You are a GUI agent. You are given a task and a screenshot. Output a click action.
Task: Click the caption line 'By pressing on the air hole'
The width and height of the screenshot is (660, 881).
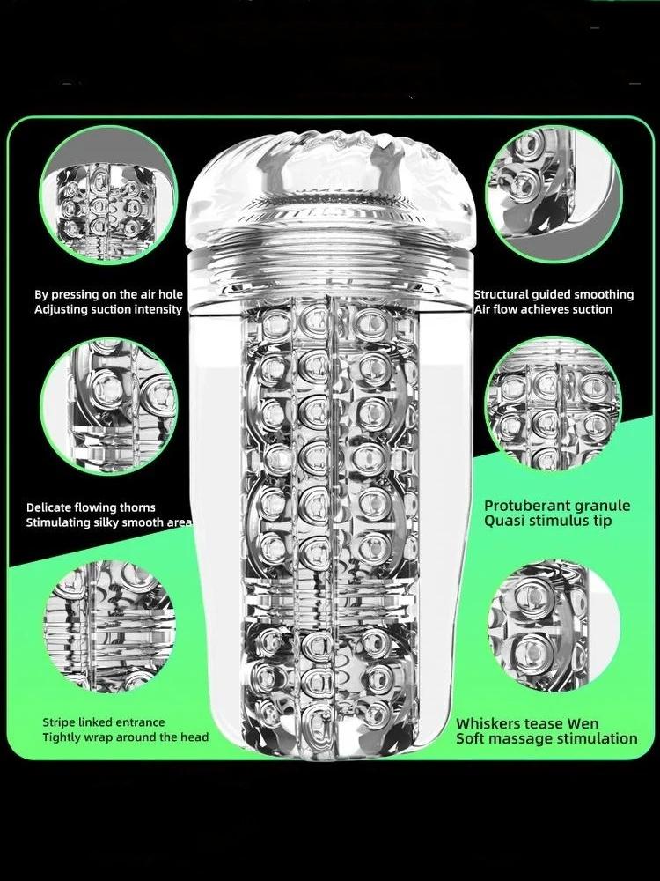108,294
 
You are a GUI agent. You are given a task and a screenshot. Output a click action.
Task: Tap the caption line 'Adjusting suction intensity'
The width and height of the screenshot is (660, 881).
108,309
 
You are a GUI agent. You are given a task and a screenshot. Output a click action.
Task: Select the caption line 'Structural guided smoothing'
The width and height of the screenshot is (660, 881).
554,294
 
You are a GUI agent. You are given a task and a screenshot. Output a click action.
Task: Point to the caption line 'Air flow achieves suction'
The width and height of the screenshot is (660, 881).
543,309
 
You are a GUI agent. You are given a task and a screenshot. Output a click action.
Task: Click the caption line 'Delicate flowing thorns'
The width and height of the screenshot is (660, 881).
91,507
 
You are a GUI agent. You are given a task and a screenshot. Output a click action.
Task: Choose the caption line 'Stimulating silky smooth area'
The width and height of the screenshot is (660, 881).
109,522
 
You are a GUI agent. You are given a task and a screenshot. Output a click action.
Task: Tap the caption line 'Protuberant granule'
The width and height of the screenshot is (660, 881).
557,506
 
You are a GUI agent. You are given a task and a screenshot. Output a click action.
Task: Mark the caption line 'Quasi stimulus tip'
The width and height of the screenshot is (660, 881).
547,521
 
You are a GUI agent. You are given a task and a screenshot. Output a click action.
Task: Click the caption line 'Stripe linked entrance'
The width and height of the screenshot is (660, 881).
104,722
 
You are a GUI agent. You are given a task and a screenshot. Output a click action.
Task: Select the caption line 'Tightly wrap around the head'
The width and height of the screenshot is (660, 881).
126,737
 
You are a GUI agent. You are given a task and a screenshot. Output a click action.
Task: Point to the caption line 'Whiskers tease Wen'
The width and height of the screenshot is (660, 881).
527,723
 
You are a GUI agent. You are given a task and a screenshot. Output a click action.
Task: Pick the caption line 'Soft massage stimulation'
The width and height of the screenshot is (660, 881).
546,738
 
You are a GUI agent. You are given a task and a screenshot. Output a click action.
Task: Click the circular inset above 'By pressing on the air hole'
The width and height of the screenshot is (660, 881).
108,195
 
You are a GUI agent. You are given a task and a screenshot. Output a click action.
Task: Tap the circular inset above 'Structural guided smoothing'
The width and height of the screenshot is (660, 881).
554,195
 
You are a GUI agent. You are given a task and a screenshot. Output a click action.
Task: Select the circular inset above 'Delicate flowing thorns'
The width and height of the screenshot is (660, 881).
109,406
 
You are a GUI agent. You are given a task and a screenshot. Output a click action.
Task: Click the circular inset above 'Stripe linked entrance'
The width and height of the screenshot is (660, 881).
109,626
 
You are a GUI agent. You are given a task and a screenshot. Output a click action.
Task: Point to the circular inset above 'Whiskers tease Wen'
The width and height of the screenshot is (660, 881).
554,626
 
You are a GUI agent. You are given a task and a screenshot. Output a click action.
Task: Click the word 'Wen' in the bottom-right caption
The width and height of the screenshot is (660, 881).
583,723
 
